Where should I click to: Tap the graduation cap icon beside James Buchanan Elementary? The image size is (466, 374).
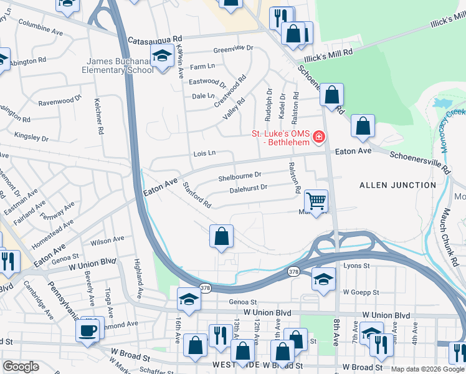(x=162, y=57)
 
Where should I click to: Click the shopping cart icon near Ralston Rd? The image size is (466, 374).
(x=316, y=201)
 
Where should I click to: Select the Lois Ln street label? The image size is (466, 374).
(x=204, y=153)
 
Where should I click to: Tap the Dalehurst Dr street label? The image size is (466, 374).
(x=248, y=187)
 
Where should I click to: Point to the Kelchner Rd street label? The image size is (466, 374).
(x=98, y=116)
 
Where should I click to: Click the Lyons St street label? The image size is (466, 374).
(x=356, y=266)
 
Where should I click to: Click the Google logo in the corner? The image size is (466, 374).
(x=21, y=367)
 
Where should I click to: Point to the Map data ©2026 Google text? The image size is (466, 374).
(x=427, y=369)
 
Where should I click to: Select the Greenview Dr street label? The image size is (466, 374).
(x=234, y=48)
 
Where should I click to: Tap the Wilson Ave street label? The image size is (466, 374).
(x=107, y=241)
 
